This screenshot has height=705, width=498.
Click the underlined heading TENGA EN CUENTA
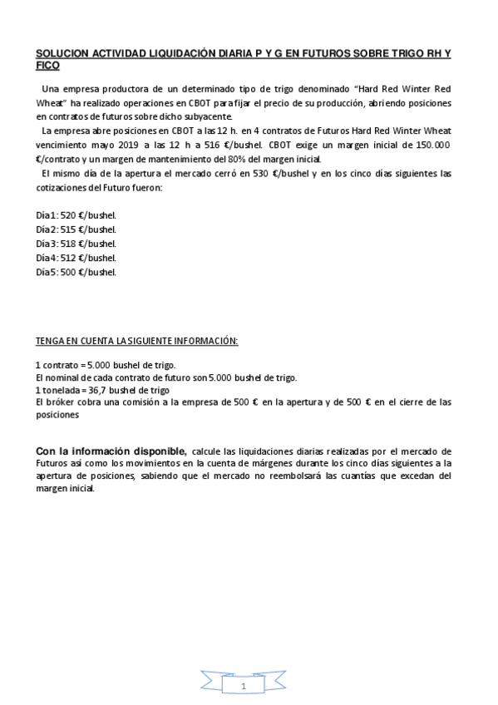point(136,341)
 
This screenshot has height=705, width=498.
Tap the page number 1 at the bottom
point(243,687)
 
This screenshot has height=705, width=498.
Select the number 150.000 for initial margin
point(431,145)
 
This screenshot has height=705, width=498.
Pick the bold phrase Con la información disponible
point(111,451)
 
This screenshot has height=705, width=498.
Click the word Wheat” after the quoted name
point(51,102)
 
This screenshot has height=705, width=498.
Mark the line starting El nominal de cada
point(165,377)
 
